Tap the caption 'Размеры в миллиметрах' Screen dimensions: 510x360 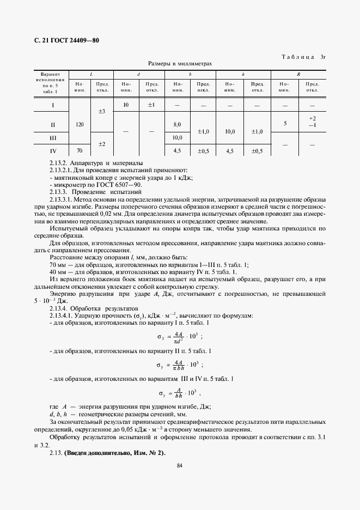coord(179,64)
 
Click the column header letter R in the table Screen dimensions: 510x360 coord(298,74)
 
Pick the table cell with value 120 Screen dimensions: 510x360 coord(80,125)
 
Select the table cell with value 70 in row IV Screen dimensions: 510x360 coord(80,151)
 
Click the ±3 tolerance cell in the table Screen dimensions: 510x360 coord(101,111)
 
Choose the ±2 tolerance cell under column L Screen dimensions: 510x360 coord(101,144)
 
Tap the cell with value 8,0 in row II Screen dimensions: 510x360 coord(177,125)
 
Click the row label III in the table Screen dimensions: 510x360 coord(53,138)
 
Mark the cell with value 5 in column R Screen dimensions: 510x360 coord(285,124)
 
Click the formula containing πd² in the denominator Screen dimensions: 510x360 coord(180,337)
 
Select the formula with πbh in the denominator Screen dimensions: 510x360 coord(180,365)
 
